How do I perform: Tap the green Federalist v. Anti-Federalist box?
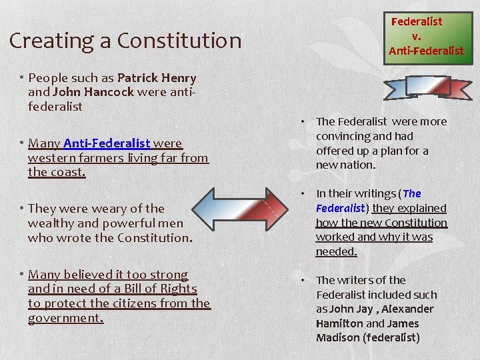tap(426, 36)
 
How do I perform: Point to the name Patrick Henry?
tap(157, 77)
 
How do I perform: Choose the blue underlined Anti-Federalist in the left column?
tap(107, 143)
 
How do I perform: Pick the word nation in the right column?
tap(357, 165)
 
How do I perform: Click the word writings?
tap(375, 194)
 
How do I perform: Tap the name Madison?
tap(337, 338)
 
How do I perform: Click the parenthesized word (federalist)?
tap(391, 338)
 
